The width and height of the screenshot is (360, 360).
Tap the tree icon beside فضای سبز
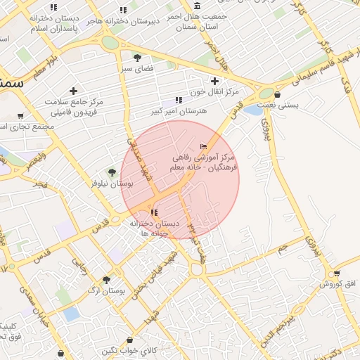(137, 58)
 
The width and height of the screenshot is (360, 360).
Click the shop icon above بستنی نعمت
(278, 94)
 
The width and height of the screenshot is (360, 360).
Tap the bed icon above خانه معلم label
(204, 146)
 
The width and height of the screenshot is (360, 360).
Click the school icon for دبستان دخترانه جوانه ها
(154, 211)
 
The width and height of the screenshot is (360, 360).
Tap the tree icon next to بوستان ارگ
(106, 279)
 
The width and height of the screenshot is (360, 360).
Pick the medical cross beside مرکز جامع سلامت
(73, 91)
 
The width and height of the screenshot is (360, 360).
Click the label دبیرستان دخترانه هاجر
(124, 21)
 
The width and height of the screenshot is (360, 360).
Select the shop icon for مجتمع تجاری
(20, 116)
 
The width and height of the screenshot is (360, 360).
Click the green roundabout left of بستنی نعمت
(266, 93)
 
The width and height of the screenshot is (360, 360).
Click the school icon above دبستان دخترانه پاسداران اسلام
(53, 7)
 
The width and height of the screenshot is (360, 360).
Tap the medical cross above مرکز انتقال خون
(214, 81)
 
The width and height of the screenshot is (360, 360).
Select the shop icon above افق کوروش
(338, 274)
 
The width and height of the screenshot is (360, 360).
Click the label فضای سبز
(137, 69)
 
